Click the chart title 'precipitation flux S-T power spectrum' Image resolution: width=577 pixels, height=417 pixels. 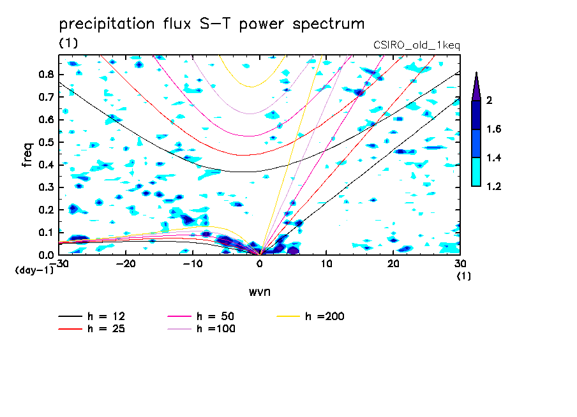(211, 24)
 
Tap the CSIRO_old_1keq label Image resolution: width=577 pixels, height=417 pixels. (416, 45)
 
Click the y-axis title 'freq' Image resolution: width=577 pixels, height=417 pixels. (27, 155)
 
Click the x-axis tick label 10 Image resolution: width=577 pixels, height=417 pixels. (326, 264)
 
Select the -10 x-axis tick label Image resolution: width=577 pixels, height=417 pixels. (193, 264)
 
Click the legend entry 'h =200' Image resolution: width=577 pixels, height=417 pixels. (326, 316)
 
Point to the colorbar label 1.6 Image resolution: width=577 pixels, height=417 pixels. (494, 129)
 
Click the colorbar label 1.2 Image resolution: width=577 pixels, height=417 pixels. (494, 186)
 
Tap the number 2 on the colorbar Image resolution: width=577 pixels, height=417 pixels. (490, 100)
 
